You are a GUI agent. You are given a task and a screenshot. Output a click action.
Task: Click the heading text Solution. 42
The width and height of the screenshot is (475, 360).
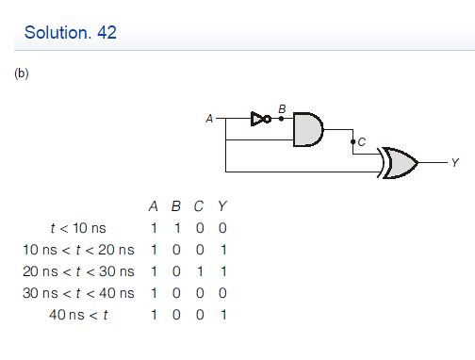71,34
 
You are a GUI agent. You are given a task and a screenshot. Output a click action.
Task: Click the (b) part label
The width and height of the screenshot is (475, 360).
21,74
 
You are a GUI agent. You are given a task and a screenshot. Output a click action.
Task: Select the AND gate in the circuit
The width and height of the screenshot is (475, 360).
307,129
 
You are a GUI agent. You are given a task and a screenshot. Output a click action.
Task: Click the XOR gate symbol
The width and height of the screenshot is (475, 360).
398,162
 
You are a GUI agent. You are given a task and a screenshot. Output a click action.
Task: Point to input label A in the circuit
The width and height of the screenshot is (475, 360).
209,119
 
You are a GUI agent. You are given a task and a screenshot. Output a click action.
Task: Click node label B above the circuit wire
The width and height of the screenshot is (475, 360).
280,108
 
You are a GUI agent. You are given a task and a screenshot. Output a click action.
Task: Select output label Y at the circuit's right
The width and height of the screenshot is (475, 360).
455,163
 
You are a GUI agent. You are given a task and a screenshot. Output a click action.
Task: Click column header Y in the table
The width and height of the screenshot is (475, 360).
221,206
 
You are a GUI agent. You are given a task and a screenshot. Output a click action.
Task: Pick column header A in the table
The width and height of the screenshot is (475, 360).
153,206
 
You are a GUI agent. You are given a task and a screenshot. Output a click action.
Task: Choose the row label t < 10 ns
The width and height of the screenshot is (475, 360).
78,228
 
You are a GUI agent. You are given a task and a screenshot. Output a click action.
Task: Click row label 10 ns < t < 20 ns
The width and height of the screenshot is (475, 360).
78,250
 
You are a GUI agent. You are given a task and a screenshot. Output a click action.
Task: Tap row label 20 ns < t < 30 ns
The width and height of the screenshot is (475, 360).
78,271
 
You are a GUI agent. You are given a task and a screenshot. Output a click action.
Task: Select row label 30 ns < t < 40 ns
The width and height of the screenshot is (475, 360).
78,293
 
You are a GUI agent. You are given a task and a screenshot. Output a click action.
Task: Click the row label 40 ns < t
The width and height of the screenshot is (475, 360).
78,314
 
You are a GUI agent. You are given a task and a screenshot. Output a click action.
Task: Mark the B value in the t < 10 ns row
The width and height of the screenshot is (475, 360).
175,228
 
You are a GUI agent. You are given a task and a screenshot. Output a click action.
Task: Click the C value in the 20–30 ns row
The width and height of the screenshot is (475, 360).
199,271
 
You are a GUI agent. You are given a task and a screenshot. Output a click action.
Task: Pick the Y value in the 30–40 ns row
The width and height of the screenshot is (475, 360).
221,293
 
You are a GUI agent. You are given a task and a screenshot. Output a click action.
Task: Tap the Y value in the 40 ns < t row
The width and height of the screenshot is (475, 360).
221,314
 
